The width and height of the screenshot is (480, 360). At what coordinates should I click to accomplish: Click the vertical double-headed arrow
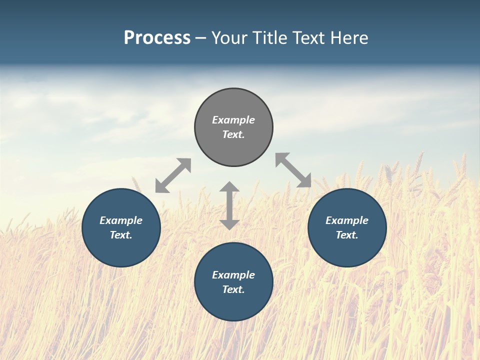(229, 205)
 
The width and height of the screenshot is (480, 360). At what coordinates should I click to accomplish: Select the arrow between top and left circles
(173, 175)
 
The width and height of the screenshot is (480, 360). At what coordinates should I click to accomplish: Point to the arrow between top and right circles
(293, 170)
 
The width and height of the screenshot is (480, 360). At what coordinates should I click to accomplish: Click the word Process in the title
(157, 38)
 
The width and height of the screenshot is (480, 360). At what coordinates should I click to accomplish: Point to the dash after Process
(201, 38)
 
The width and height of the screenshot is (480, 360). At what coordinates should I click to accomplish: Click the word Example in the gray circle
(233, 120)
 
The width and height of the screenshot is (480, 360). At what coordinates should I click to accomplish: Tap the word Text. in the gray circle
(233, 134)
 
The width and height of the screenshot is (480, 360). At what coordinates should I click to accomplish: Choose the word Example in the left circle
(121, 220)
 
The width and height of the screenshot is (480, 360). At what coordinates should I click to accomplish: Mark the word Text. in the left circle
(121, 235)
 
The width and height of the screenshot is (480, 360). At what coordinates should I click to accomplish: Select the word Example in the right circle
(347, 220)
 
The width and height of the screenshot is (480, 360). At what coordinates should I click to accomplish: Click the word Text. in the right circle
(347, 235)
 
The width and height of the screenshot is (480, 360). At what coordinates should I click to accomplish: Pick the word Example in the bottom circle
(233, 275)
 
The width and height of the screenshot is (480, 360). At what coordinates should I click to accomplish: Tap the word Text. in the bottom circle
(233, 289)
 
